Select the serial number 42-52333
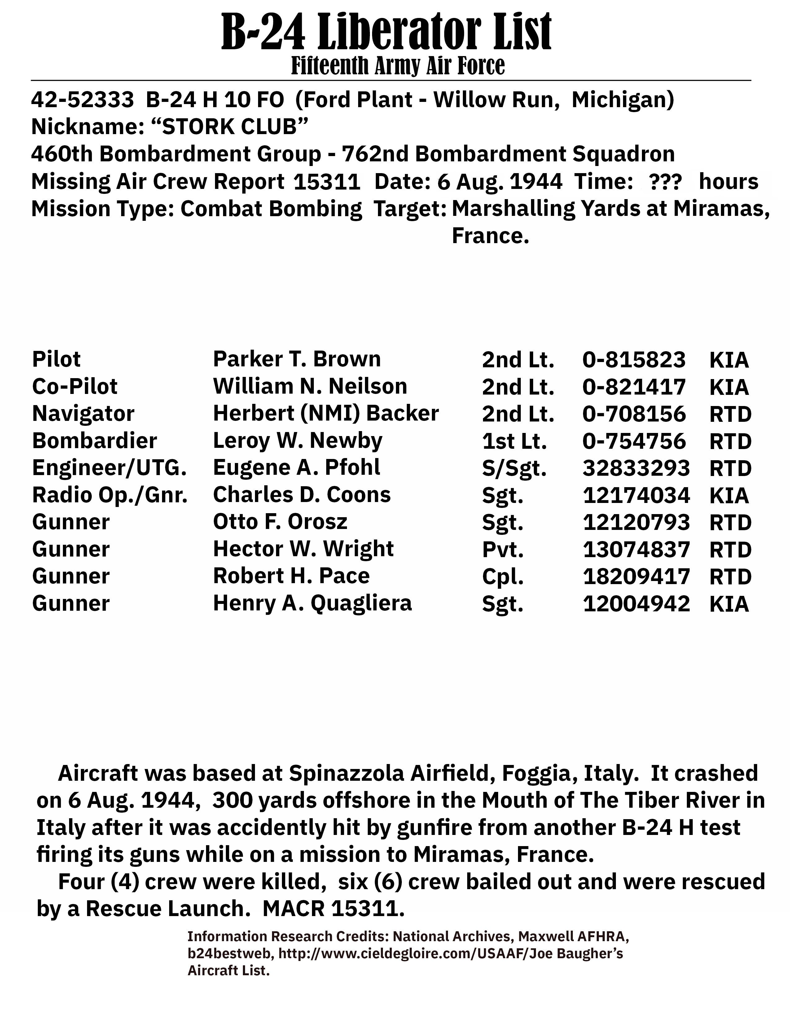tap(82, 100)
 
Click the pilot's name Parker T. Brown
tap(297, 359)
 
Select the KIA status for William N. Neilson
tap(729, 387)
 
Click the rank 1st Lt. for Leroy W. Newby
tap(514, 441)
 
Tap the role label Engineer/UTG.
tap(109, 468)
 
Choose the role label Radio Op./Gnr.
tap(110, 495)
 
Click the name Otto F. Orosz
tap(280, 522)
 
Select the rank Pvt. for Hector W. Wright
tap(502, 549)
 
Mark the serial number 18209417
tap(636, 577)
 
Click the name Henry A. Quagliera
tap(312, 603)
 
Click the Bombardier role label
tap(94, 441)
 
